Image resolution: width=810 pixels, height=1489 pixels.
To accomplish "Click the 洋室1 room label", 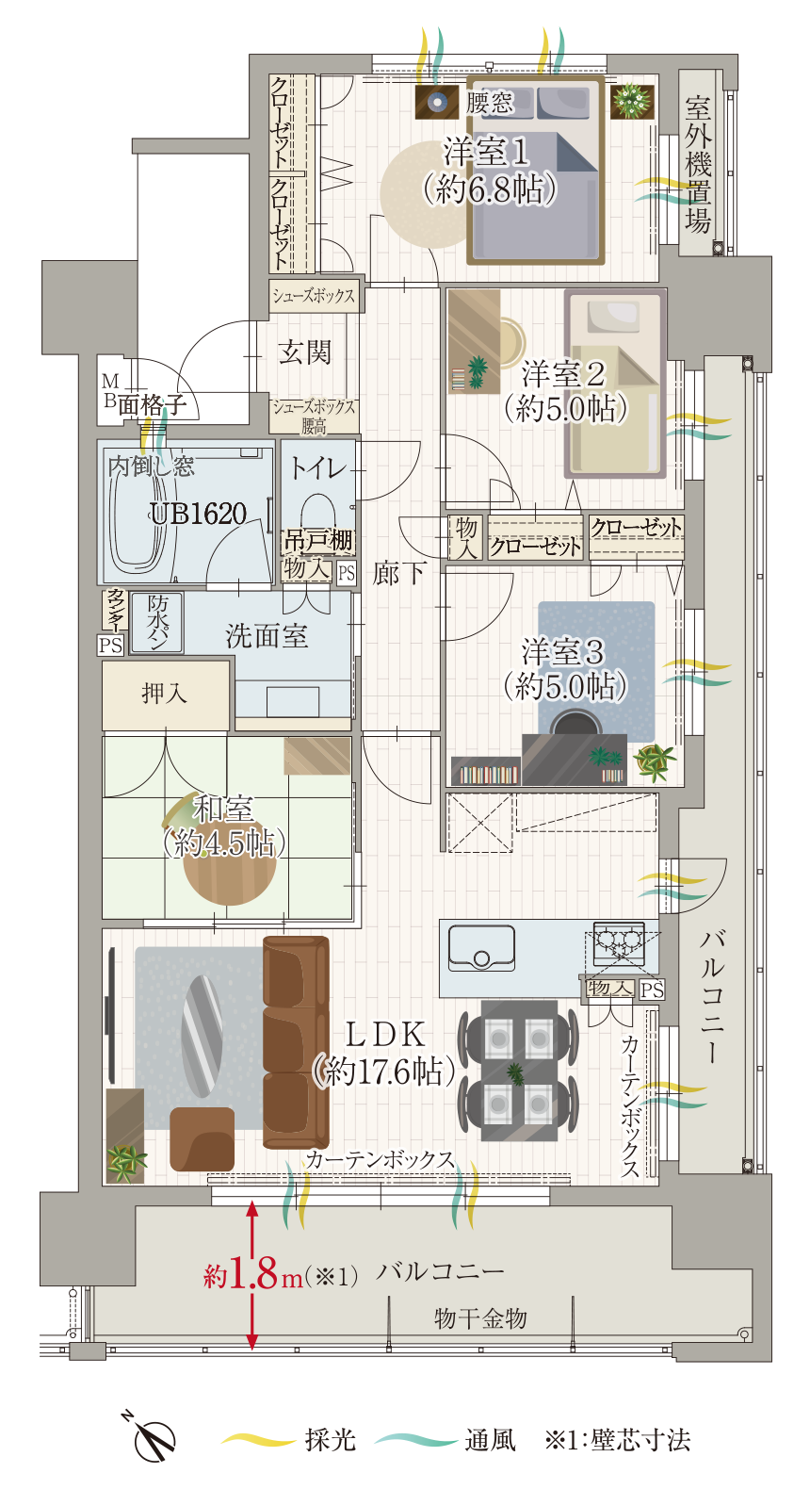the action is point(486,153).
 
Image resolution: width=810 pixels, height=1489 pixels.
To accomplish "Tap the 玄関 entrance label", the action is point(305,352).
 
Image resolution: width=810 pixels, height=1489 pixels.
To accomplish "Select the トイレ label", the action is point(318,468).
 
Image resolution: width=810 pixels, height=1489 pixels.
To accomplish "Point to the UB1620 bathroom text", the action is point(198,514).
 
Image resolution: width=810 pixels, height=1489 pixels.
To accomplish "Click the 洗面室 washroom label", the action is point(267,635).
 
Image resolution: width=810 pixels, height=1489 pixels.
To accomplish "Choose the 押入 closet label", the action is point(165,694).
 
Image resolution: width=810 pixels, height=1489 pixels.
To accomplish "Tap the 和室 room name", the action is point(222,809).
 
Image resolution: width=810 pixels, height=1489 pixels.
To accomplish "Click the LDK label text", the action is point(385,1034).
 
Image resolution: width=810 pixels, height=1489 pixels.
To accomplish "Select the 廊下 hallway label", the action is point(398,573).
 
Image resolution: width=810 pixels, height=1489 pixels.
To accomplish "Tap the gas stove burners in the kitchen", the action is point(619,942).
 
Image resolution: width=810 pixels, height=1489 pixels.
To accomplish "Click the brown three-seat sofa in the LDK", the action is point(296,1042).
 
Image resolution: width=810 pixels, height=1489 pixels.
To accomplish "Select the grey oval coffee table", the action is point(202,1036).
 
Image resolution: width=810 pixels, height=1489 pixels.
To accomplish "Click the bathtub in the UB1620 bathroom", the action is point(138,511).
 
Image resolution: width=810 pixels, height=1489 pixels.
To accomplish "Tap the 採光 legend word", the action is point(331,1440).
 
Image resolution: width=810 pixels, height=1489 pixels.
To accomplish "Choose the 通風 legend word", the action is point(490,1440).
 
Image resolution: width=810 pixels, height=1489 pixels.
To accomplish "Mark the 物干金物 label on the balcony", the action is point(480,1317).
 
